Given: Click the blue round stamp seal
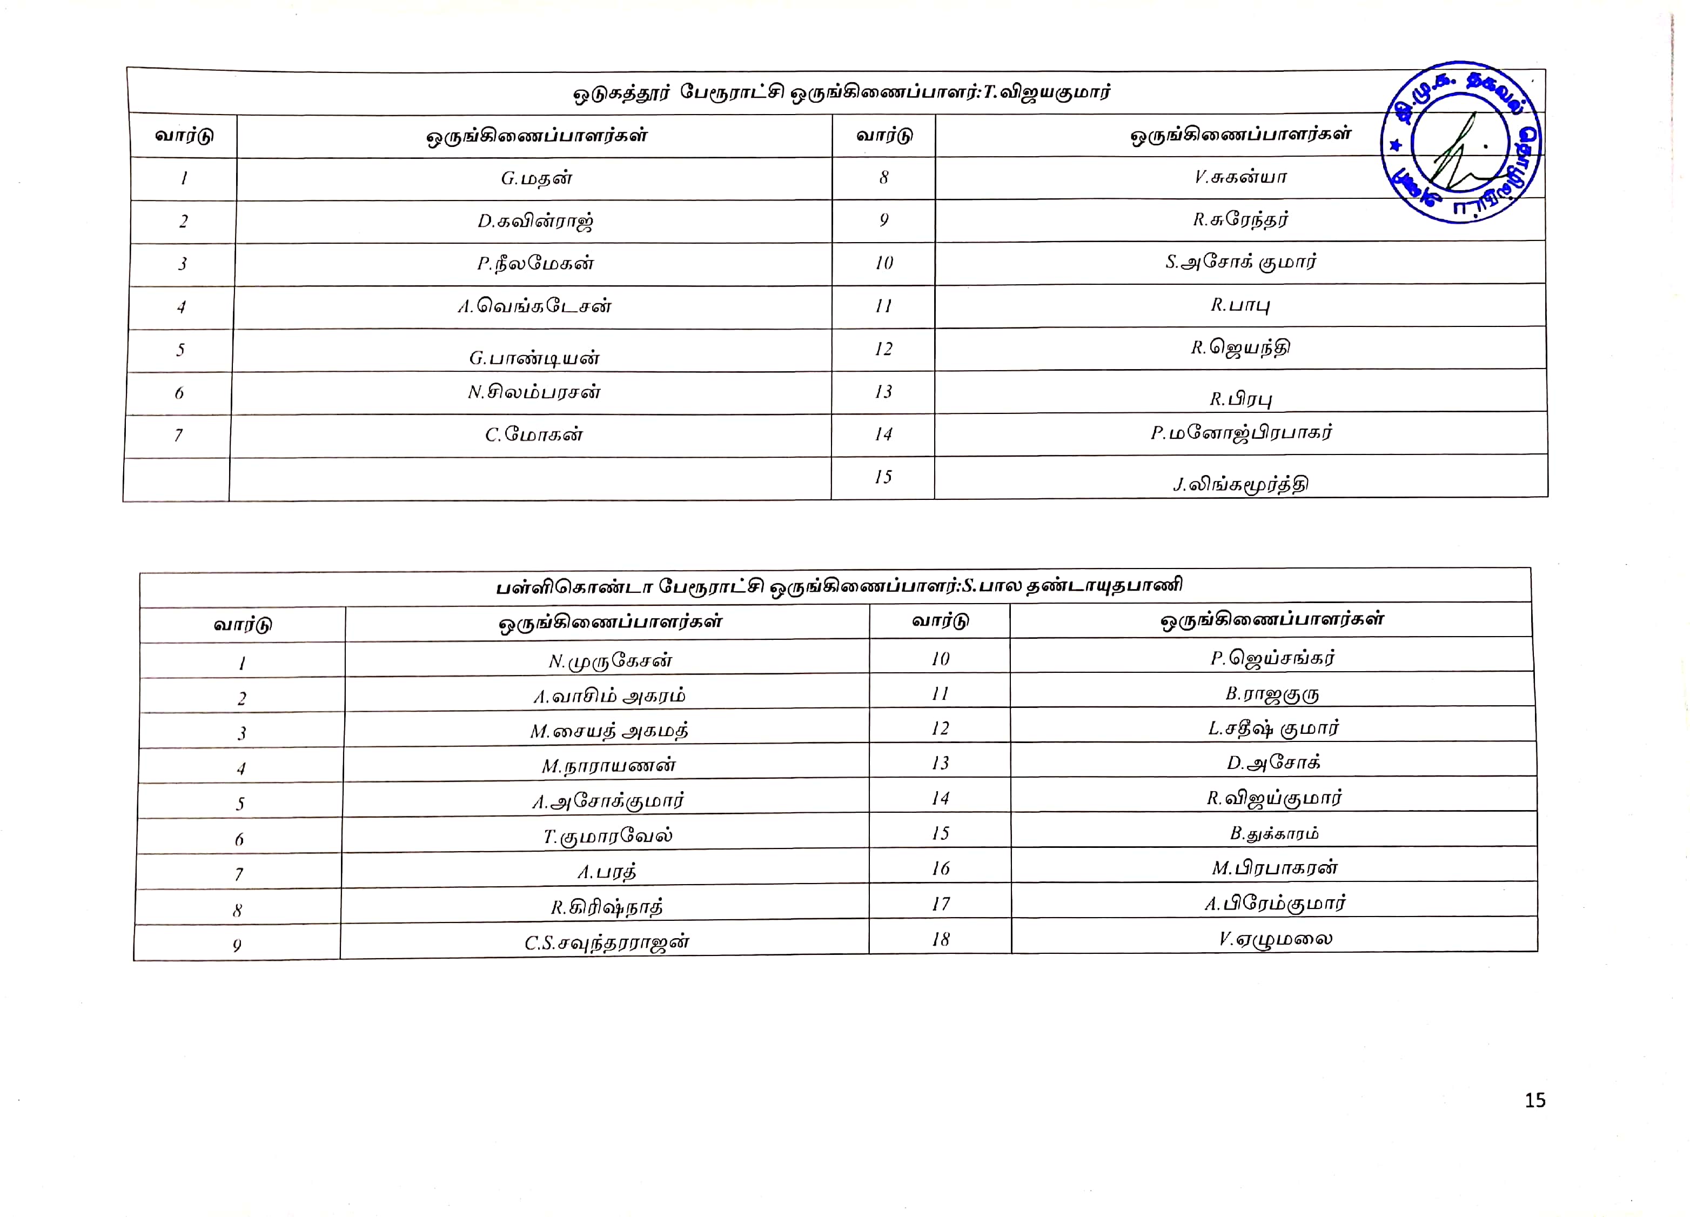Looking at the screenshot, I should tap(1460, 142).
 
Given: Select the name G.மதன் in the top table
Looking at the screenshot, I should tap(536, 178).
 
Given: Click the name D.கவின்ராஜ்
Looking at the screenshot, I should tap(535, 222).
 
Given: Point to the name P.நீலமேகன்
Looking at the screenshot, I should tap(535, 264).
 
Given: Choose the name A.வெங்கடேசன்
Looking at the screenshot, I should tap(534, 306).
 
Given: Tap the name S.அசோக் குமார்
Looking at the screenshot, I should tap(1240, 262).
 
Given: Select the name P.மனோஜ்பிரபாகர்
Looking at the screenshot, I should tap(1240, 433).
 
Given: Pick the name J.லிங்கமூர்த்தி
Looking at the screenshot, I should tap(1240, 484).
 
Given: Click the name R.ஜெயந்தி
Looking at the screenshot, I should tap(1240, 348).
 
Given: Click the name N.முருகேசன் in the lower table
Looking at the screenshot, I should tap(611, 661).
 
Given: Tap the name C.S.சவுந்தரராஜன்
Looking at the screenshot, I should tap(607, 943).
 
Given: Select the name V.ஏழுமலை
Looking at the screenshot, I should tap(1275, 939).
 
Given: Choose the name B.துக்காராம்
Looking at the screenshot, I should tap(1274, 833).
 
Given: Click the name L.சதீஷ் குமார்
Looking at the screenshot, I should tap(1273, 728).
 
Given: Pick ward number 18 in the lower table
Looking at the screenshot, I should tap(941, 939).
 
